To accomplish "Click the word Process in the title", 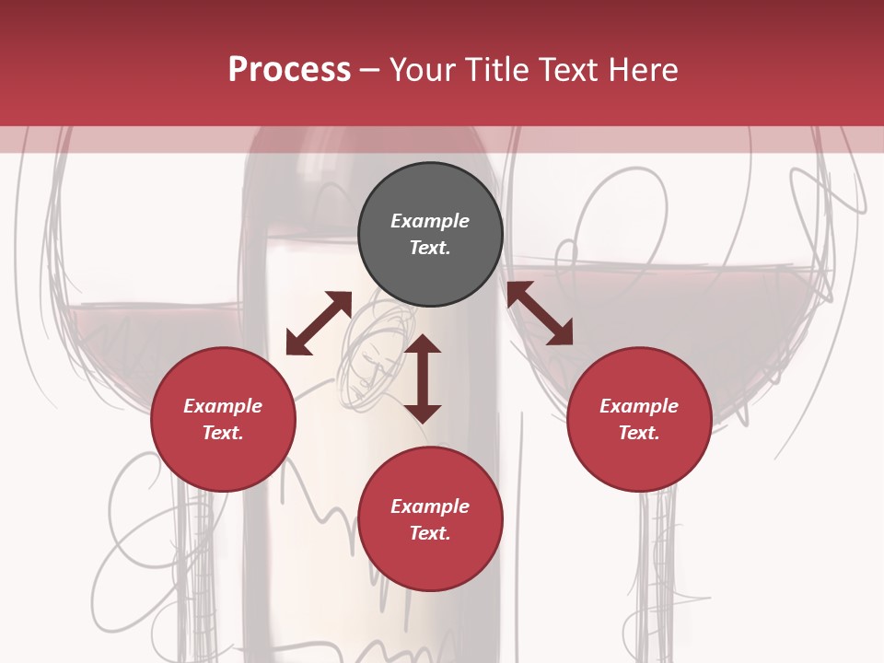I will pyautogui.click(x=289, y=70).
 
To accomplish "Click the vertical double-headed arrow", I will pyautogui.click(x=423, y=378).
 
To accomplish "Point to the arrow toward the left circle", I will pyautogui.click(x=319, y=322).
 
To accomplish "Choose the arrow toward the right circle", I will pyautogui.click(x=540, y=313).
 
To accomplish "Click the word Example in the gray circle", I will pyautogui.click(x=430, y=221).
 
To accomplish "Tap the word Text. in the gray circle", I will pyautogui.click(x=430, y=248).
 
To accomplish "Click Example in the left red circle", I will pyautogui.click(x=223, y=406).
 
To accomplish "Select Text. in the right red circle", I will pyautogui.click(x=639, y=433).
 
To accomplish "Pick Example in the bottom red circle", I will pyautogui.click(x=430, y=506).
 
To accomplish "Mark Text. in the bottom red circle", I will pyautogui.click(x=430, y=533).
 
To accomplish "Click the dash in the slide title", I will pyautogui.click(x=369, y=70).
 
